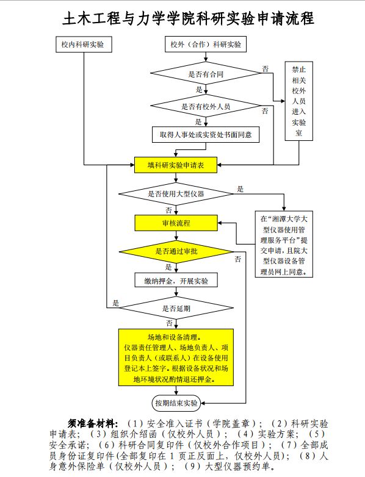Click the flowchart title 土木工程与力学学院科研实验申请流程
[187, 19]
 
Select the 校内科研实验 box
[82, 45]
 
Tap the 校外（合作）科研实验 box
[206, 45]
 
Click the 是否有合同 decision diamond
[206, 74]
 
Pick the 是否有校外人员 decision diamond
[206, 106]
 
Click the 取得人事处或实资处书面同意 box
[206, 134]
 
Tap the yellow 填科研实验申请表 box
[176, 165]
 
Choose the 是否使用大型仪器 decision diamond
[176, 194]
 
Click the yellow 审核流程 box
[176, 223]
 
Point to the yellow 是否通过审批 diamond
[176, 251]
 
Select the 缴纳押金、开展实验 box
[176, 281]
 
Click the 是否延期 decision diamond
[176, 308]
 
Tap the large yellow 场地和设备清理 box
[176, 358]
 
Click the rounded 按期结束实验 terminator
[176, 403]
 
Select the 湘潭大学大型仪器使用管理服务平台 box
[284, 244]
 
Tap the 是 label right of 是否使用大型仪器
[240, 188]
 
